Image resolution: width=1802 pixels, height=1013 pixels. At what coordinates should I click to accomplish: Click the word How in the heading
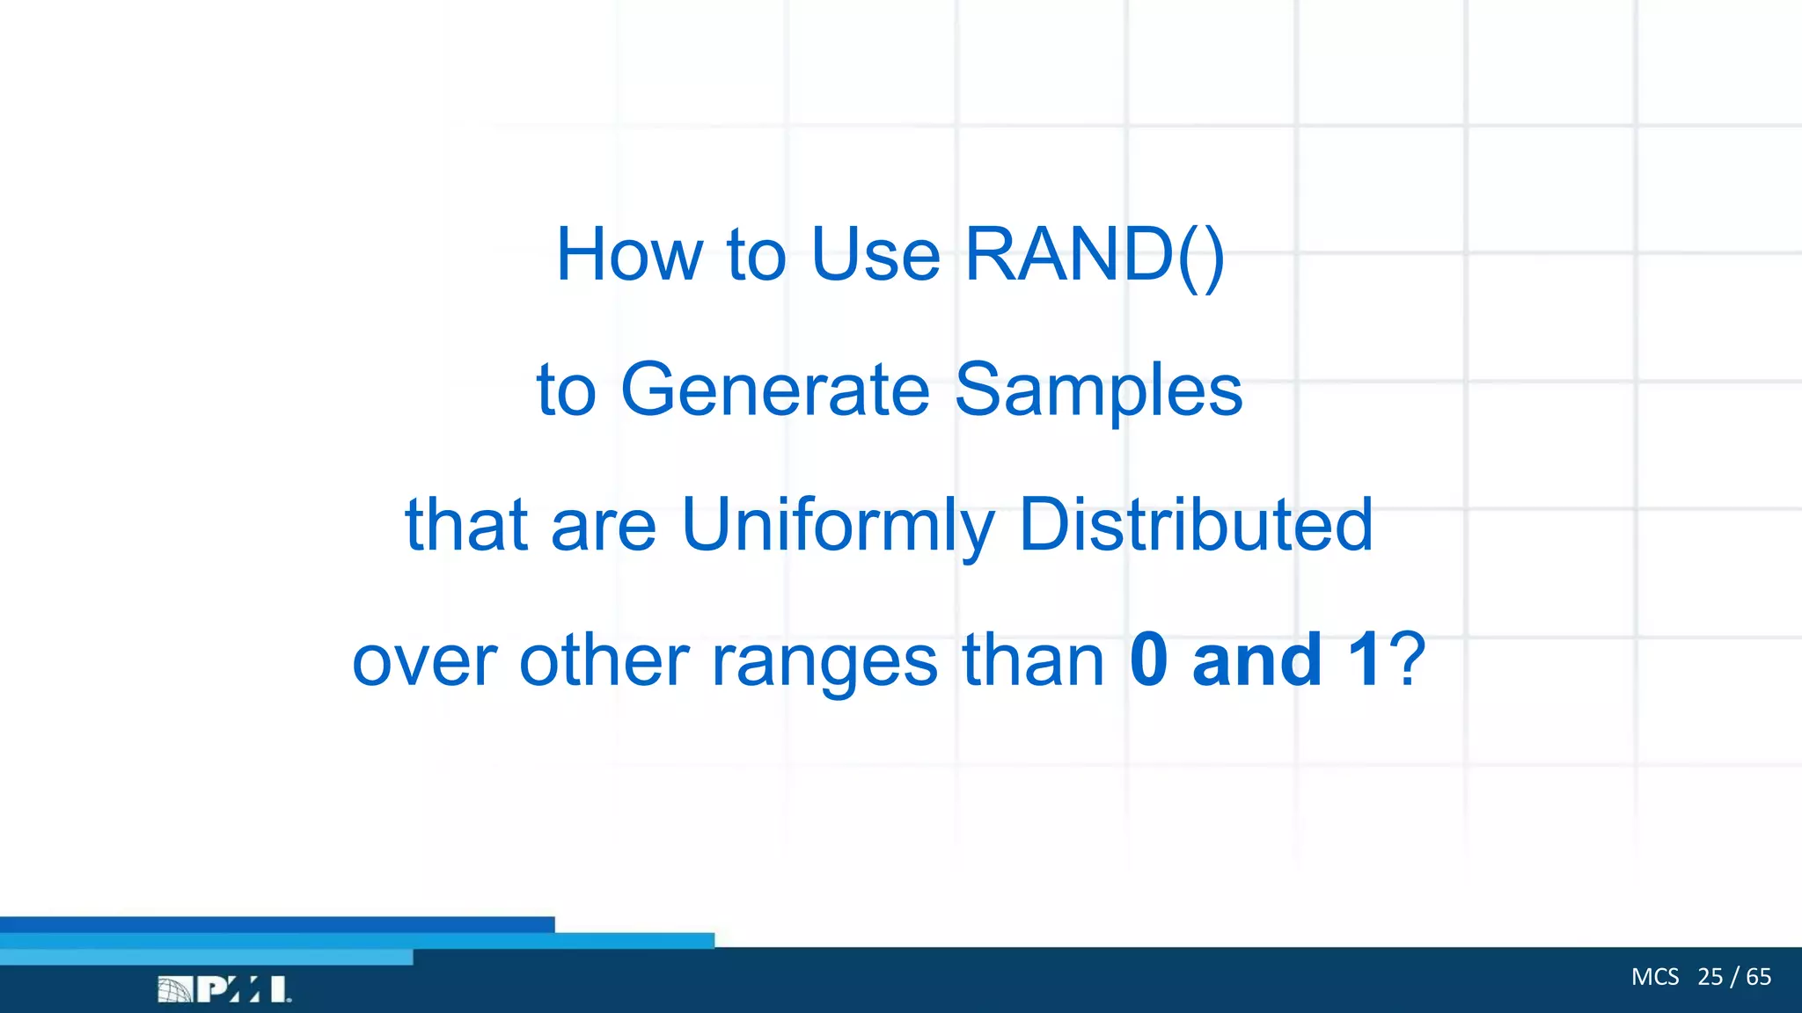(628, 255)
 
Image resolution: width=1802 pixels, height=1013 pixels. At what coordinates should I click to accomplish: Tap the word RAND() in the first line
(1094, 255)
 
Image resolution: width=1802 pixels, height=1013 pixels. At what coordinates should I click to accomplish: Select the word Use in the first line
(875, 255)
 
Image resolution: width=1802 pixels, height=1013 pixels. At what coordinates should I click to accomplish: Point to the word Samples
(1098, 390)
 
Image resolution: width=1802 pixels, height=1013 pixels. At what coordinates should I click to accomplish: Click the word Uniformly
(838, 525)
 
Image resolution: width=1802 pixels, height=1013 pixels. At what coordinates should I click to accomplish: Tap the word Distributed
(1195, 525)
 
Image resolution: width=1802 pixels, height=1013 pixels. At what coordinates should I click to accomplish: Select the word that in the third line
(466, 525)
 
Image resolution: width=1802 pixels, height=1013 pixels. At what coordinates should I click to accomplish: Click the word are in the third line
(604, 525)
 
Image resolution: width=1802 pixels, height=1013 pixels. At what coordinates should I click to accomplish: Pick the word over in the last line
(424, 661)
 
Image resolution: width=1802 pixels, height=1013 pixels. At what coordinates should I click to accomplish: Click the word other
(604, 661)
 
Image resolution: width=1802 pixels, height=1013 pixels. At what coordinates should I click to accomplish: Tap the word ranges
(824, 661)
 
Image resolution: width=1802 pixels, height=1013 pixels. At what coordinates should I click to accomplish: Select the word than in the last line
(1033, 661)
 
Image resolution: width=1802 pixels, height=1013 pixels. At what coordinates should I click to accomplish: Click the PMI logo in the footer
(224, 989)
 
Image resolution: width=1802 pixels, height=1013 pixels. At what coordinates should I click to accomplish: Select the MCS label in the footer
(1654, 977)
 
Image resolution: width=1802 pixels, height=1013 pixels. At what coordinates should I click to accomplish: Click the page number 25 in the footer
(1710, 977)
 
